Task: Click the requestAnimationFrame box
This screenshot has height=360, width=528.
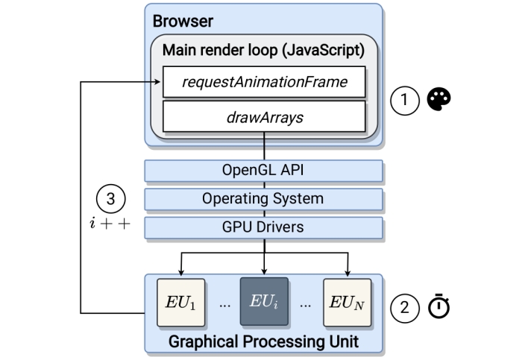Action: click(x=265, y=82)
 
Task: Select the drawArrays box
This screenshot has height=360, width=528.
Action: click(x=265, y=116)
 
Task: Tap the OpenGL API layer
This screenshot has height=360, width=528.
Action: click(x=264, y=171)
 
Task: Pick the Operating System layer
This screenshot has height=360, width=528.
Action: click(x=264, y=199)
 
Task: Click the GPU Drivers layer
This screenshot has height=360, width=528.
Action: click(x=264, y=227)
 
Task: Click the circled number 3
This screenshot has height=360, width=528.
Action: click(x=110, y=200)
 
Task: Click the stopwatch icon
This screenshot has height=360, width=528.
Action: click(x=440, y=307)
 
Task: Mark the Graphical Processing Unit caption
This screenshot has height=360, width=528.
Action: click(x=264, y=342)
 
